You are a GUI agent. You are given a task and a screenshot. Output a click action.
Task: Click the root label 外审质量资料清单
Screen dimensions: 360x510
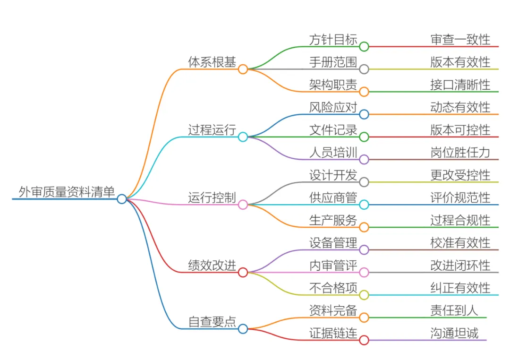(66, 192)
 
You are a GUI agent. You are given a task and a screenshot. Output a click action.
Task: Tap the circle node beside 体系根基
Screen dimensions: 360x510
(243, 69)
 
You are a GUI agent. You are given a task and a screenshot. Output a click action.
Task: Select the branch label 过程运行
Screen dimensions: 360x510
(212, 130)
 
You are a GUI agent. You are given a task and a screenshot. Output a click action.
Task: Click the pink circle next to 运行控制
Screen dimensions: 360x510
(243, 205)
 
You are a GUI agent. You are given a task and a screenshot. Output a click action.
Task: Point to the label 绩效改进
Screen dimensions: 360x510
(212, 266)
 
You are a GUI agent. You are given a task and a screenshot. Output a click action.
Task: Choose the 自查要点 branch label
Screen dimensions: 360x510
(212, 322)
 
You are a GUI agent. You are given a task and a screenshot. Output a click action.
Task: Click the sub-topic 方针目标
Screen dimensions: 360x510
(333, 39)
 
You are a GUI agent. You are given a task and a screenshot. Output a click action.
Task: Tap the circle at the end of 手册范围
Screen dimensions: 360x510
(364, 69)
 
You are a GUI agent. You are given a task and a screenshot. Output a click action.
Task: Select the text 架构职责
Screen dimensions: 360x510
(333, 85)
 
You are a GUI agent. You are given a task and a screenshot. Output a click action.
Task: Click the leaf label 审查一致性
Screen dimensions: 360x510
(460, 39)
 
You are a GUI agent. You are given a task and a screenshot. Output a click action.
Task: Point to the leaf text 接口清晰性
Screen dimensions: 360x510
(460, 85)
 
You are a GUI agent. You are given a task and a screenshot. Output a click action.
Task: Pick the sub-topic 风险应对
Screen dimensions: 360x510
(333, 107)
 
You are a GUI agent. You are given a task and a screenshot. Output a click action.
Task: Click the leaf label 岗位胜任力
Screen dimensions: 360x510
(460, 152)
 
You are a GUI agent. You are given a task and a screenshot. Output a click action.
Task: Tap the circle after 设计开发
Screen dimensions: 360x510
(364, 182)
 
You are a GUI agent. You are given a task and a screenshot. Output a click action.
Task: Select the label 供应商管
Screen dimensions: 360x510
(333, 197)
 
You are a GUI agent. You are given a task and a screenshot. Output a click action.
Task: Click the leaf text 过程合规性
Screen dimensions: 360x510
(460, 220)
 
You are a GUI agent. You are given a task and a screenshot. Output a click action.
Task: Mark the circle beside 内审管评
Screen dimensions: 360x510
(364, 272)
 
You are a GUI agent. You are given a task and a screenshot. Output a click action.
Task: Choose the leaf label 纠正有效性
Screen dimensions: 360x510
(460, 288)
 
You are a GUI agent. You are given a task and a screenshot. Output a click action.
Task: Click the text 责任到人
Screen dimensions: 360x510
(454, 310)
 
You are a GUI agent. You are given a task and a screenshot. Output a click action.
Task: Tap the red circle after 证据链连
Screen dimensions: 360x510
(364, 340)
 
